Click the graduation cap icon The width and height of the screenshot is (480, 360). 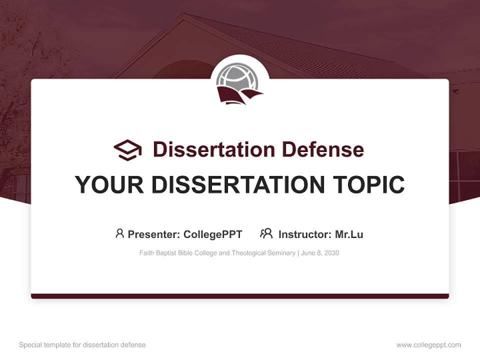127,150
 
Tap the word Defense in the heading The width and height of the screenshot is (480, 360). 323,149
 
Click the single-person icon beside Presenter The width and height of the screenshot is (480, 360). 119,233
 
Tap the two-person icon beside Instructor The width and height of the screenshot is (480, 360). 266,233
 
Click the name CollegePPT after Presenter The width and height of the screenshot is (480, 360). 213,234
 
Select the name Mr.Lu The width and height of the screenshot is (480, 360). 349,234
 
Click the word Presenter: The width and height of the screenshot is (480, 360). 154,234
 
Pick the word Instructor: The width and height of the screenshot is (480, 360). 305,234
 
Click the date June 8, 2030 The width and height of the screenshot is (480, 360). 320,253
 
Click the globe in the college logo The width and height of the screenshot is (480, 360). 237,76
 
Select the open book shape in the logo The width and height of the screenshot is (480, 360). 239,95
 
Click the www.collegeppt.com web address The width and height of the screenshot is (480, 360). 428,345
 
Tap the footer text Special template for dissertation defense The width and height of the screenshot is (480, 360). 82,345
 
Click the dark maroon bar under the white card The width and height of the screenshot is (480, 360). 240,296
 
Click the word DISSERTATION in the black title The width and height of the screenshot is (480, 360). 238,184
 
